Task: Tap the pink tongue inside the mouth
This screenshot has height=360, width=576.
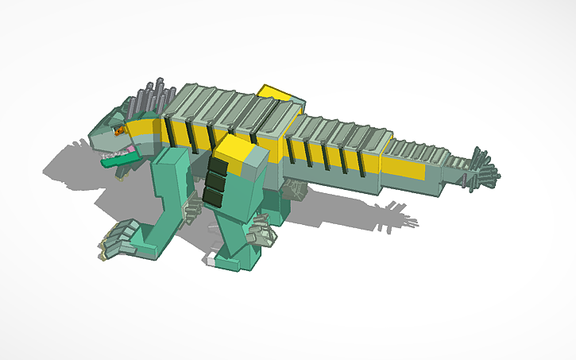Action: (124, 149)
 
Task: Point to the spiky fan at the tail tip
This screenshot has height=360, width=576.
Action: (482, 168)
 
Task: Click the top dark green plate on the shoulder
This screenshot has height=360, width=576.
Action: (215, 165)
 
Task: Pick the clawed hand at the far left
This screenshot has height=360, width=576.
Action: (118, 238)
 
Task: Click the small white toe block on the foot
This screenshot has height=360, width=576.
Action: (210, 258)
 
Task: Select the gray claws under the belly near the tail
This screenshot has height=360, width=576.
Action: (296, 188)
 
